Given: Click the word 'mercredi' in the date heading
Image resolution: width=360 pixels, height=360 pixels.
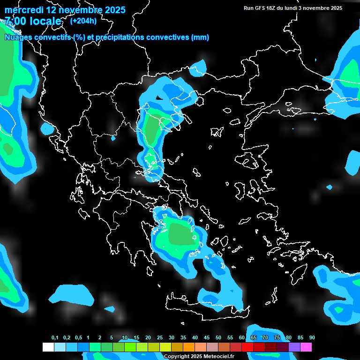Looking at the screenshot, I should coord(23,10).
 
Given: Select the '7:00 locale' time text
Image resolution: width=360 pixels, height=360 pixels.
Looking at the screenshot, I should coord(33,21).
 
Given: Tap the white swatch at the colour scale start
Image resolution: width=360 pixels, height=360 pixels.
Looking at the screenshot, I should coord(48,347).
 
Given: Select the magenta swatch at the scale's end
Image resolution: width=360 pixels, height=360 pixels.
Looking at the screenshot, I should coord(306,347).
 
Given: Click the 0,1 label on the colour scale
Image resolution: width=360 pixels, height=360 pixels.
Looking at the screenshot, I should coord(55,338).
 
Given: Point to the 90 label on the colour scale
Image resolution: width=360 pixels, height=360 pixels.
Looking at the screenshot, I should coord(312,338).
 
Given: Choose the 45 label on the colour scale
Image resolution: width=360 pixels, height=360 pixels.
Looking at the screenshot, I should coord(207,338).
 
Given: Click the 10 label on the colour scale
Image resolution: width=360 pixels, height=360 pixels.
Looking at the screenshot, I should coord(125,338).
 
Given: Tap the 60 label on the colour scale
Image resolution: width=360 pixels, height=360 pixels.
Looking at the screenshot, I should coord(242,338).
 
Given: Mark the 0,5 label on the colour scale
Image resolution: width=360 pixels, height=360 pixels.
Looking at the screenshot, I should coord(78,338).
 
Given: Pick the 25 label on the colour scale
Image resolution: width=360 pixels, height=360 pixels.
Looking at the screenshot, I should coord(160,338).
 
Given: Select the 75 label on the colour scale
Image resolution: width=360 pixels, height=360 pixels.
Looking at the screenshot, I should coord(277,338).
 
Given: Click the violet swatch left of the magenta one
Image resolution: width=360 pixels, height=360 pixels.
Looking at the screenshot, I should coord(294,347).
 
